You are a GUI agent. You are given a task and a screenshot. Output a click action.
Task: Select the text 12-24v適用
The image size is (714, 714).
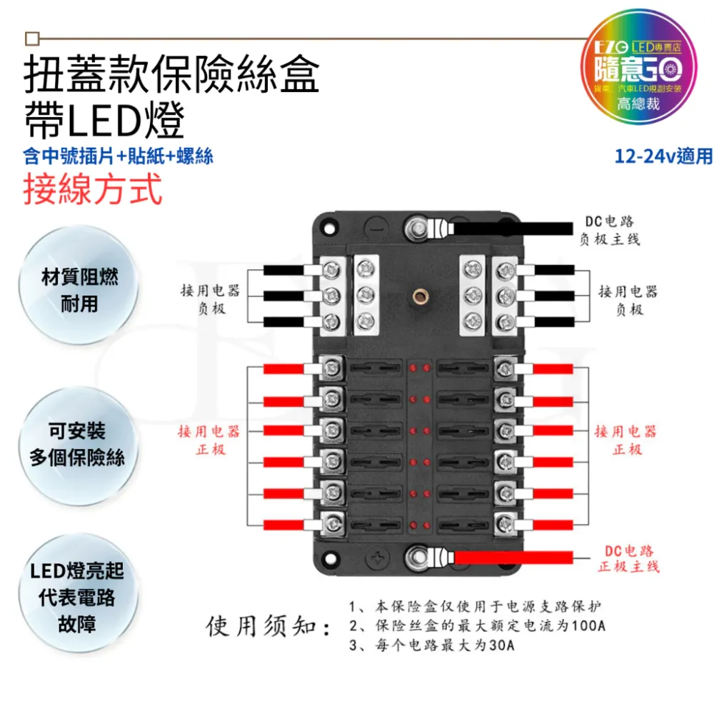[663, 156]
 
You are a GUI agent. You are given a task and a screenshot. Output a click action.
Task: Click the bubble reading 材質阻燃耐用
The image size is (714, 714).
[79, 291]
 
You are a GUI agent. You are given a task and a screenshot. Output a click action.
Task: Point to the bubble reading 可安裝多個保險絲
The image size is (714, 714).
[77, 444]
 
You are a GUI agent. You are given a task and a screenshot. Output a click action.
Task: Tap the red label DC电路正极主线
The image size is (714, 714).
[628, 558]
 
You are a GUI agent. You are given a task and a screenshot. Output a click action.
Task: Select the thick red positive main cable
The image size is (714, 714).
[514, 556]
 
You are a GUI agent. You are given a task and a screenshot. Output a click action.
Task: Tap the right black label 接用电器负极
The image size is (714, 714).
[628, 301]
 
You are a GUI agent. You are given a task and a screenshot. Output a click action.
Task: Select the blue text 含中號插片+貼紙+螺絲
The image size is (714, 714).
[118, 156]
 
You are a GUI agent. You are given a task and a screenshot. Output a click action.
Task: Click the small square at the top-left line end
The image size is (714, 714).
[31, 38]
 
